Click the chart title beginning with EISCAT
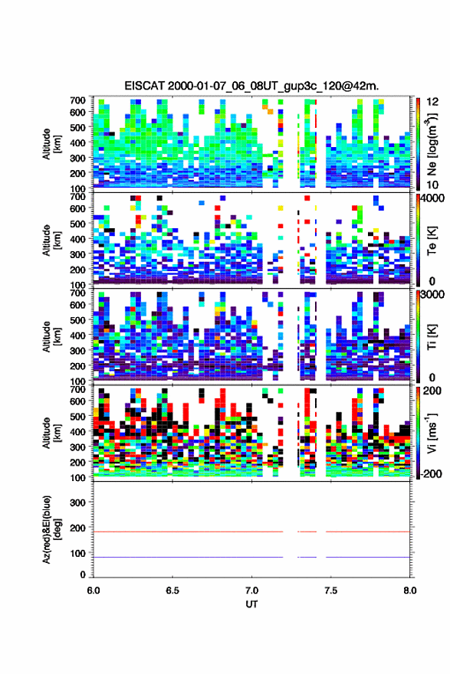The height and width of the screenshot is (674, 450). [251, 86]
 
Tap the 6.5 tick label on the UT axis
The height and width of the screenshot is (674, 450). [172, 591]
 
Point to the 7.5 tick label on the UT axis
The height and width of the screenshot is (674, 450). [330, 591]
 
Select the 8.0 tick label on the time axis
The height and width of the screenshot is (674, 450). [409, 591]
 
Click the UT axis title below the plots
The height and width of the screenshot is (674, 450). [251, 604]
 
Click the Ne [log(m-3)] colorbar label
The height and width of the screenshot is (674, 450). [432, 144]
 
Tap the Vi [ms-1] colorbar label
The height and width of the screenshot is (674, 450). [432, 433]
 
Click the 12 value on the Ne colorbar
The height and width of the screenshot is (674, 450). [432, 102]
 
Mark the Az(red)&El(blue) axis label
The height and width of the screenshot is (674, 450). [51, 529]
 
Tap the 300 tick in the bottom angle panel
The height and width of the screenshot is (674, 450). [78, 502]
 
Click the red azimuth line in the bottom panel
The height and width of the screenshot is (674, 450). [251, 532]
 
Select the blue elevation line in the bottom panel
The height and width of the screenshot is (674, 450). [251, 557]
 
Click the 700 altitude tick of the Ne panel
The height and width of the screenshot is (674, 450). [78, 100]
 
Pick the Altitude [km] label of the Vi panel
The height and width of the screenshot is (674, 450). [51, 433]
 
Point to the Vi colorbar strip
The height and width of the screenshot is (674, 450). [418, 433]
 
